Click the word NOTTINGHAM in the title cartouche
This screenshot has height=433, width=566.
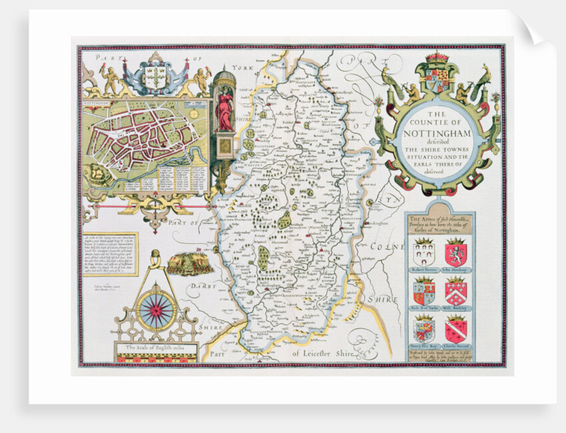pyautogui.click(x=437, y=131)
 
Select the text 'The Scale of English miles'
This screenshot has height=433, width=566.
pyautogui.click(x=156, y=347)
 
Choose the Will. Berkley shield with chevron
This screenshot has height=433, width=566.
pyautogui.click(x=456, y=290)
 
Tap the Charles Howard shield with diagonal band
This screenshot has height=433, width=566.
pyautogui.click(x=456, y=328)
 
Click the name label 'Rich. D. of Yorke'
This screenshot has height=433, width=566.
pyautogui.click(x=424, y=308)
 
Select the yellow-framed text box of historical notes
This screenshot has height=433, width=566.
pyautogui.click(x=110, y=253)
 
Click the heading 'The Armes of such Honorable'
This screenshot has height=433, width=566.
pyautogui.click(x=439, y=220)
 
